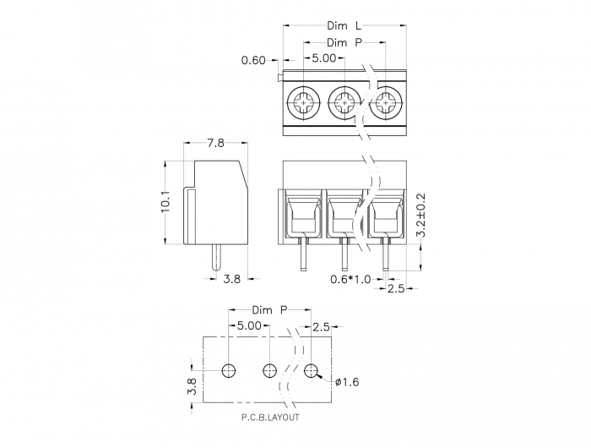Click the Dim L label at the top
click(344, 25)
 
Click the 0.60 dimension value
click(253, 60)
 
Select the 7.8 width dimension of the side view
click(215, 143)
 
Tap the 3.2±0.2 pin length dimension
click(420, 216)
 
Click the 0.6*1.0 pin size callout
click(350, 279)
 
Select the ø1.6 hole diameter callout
click(347, 382)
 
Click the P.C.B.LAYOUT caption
click(270, 418)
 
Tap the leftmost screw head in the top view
click(303, 102)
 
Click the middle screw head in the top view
click(344, 102)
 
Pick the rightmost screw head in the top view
click(386, 102)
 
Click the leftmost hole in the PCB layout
click(229, 371)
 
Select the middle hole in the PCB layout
click(270, 371)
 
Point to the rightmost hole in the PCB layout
click(311, 371)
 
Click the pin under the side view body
click(216, 258)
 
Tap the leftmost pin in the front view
click(303, 254)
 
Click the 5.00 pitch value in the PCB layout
click(249, 325)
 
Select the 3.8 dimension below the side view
click(232, 279)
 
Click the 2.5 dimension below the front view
click(396, 288)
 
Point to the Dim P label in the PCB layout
click(270, 310)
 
